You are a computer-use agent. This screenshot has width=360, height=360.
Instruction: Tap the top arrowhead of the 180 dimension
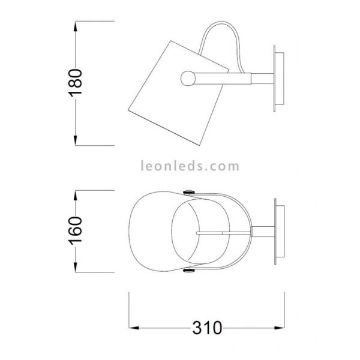(x=76, y=25)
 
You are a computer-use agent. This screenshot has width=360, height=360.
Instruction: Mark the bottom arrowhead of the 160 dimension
(x=76, y=271)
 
